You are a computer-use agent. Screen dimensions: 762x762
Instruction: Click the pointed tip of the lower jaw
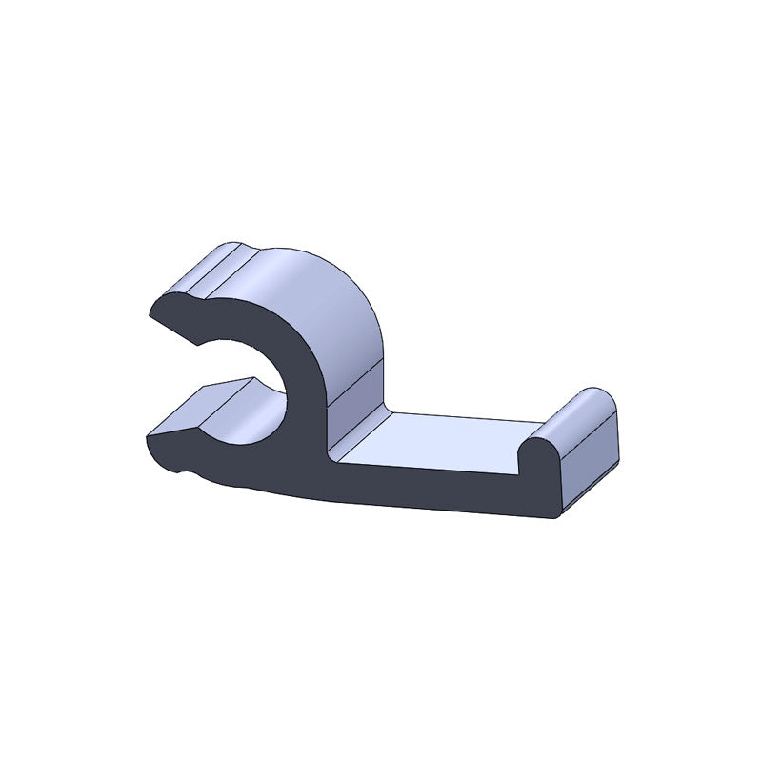148,439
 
